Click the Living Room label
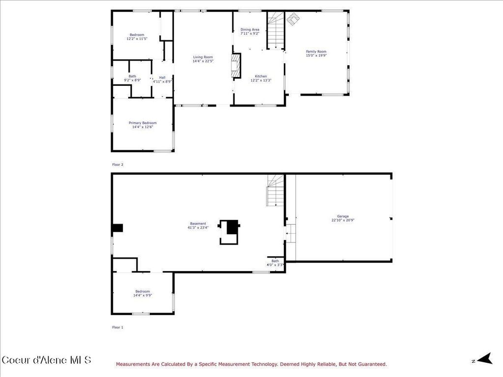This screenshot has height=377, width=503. [x=202, y=57]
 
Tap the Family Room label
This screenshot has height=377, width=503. [x=316, y=52]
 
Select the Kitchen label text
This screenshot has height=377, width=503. [x=261, y=76]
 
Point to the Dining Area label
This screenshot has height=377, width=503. [x=250, y=30]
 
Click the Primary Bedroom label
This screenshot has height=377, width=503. [x=142, y=123]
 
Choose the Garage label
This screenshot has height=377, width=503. [x=343, y=216]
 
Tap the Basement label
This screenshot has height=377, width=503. [x=198, y=223]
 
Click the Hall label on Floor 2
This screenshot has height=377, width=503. [x=162, y=77]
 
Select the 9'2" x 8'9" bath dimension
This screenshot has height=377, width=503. [x=132, y=80]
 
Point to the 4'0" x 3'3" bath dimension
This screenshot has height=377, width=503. [x=275, y=265]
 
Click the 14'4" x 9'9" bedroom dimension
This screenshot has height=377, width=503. [x=142, y=295]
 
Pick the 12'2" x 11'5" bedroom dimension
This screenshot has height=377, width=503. [x=137, y=38]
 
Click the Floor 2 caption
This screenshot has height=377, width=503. [x=118, y=164]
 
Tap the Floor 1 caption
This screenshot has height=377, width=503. [x=118, y=326]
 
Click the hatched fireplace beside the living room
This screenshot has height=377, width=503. [x=237, y=66]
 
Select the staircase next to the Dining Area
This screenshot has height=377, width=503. [x=276, y=30]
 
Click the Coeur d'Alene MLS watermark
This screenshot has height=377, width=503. [x=47, y=360]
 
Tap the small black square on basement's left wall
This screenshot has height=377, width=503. [x=117, y=228]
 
